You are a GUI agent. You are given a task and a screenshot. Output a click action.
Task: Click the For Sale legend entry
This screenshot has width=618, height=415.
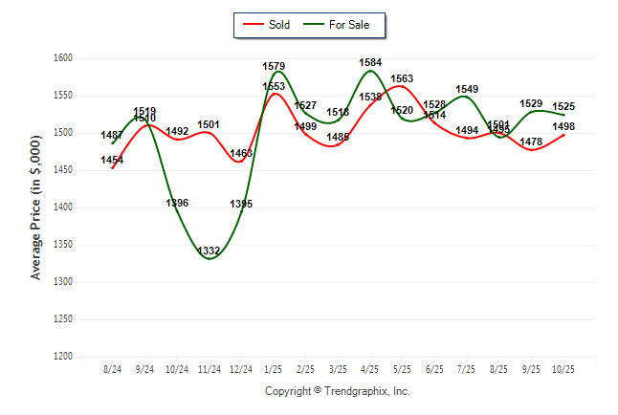[340, 25]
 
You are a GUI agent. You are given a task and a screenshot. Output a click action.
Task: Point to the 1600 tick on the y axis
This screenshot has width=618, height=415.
[62, 58]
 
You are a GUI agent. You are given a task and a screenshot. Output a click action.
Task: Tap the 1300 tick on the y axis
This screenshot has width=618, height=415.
[62, 282]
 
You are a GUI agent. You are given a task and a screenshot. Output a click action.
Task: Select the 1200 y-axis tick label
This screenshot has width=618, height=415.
[62, 357]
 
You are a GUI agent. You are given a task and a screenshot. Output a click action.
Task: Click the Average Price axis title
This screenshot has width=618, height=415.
[36, 207]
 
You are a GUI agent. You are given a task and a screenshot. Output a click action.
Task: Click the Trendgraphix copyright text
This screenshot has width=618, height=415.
[337, 391]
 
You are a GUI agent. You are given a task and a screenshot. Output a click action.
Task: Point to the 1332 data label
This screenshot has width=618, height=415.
[210, 251]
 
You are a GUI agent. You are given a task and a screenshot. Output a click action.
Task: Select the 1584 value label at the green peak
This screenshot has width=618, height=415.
[370, 63]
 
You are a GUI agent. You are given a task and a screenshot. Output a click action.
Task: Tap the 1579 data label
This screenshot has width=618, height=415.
[274, 67]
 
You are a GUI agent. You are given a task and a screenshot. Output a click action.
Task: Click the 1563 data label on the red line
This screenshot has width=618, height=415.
[403, 79]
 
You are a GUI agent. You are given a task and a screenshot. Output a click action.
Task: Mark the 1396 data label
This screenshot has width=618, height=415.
[177, 203]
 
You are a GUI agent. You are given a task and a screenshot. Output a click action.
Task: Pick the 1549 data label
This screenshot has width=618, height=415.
[467, 89]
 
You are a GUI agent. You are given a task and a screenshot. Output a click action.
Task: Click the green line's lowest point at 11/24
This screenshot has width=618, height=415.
[210, 259]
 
